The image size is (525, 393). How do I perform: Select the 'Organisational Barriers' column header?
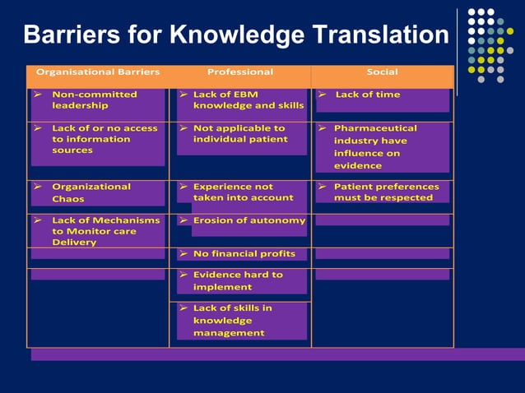click(x=98, y=72)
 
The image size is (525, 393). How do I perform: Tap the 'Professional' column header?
click(x=240, y=72)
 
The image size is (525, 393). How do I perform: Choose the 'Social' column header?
click(x=382, y=72)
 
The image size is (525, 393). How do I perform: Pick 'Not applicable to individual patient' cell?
click(x=239, y=133)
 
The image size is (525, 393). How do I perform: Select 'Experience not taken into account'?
click(x=242, y=192)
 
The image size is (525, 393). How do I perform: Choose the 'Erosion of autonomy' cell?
click(x=249, y=220)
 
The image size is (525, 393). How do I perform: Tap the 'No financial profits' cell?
click(x=243, y=254)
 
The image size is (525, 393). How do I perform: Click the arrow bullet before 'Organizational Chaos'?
click(x=37, y=187)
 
